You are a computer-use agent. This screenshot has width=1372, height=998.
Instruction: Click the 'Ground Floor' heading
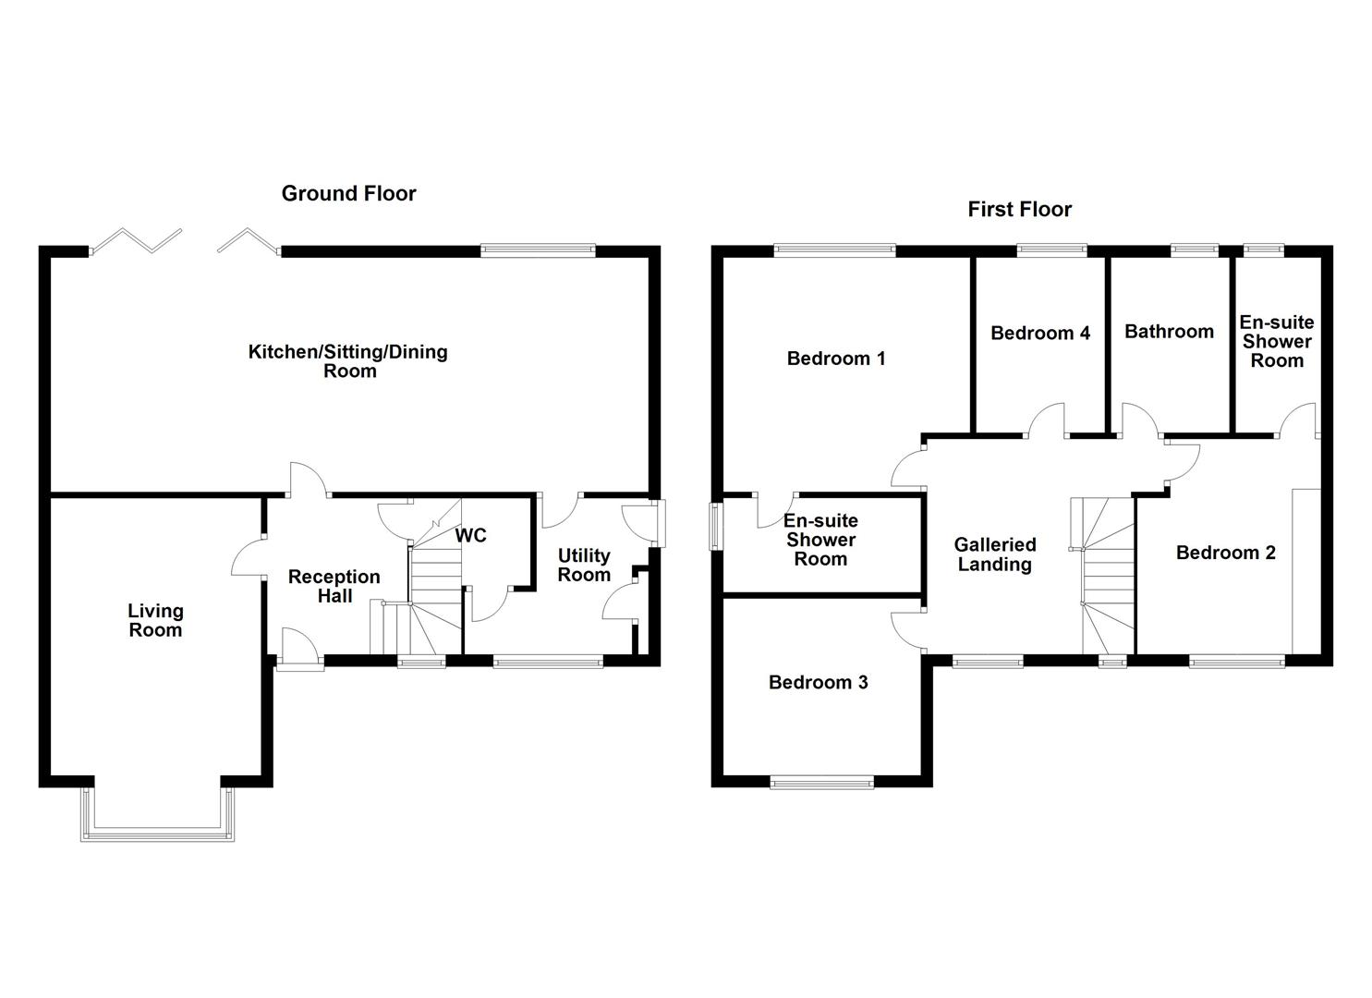click(348, 193)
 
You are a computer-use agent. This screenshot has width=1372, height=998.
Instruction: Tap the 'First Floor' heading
click(1019, 209)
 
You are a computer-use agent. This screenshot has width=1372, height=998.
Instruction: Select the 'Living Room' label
click(155, 621)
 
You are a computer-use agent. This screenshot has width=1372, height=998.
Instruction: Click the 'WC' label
click(470, 536)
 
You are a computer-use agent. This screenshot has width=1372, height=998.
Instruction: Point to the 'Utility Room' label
click(584, 565)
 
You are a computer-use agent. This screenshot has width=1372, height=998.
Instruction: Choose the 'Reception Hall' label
click(334, 586)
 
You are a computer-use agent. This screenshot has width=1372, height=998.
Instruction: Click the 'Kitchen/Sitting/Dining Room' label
click(348, 361)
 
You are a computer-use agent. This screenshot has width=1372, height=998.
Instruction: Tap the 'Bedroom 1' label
click(835, 359)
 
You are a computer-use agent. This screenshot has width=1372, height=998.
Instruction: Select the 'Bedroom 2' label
click(1225, 553)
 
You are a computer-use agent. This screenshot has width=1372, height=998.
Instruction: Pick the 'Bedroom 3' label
click(818, 682)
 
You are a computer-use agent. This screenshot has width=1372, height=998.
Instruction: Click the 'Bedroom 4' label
click(1039, 333)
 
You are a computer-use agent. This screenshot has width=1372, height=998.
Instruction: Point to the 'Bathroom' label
click(1169, 332)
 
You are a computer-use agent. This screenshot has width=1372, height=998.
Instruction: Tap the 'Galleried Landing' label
click(994, 554)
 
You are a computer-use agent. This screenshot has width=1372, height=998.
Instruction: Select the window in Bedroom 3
click(821, 784)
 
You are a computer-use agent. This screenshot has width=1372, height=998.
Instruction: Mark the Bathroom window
click(1194, 249)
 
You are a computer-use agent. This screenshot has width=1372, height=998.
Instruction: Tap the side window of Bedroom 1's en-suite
click(714, 527)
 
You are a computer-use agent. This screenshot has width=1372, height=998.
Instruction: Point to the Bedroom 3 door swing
click(907, 630)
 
